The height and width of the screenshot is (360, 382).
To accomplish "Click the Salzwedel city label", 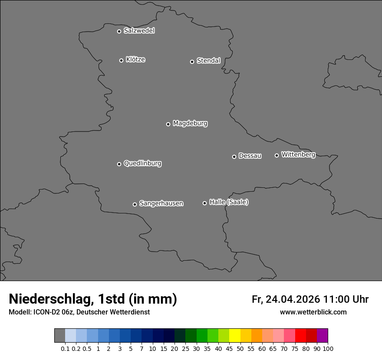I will click(x=139, y=31).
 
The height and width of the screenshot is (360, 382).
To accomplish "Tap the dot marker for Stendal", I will click(x=192, y=62).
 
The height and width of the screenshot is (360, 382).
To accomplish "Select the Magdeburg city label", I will click(x=190, y=124).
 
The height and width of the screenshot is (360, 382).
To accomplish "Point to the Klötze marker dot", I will click(x=121, y=60).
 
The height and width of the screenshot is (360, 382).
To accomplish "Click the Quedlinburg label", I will click(x=142, y=164).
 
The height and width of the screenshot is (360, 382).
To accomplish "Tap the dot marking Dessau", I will click(x=234, y=157).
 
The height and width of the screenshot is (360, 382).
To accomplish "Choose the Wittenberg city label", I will click(x=298, y=154).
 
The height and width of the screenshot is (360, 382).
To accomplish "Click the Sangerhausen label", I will click(x=161, y=203).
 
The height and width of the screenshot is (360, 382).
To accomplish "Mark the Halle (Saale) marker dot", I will click(x=204, y=203).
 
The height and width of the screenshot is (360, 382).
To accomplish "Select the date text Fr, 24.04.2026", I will click(x=286, y=299).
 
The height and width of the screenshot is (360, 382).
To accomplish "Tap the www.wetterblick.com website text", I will click(x=313, y=312).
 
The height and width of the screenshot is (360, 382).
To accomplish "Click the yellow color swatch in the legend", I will click(x=234, y=336).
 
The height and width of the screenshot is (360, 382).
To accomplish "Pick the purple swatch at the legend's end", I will click(x=322, y=336).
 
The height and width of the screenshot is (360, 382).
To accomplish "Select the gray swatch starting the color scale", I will click(x=59, y=336).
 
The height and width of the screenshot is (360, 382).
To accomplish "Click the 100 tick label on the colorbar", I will click(x=328, y=348).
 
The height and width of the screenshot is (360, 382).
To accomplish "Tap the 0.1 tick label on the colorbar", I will click(x=65, y=348).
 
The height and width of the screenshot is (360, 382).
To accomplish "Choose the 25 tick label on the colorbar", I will click(x=185, y=348).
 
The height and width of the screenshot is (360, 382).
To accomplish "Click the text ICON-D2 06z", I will click(x=53, y=312).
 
